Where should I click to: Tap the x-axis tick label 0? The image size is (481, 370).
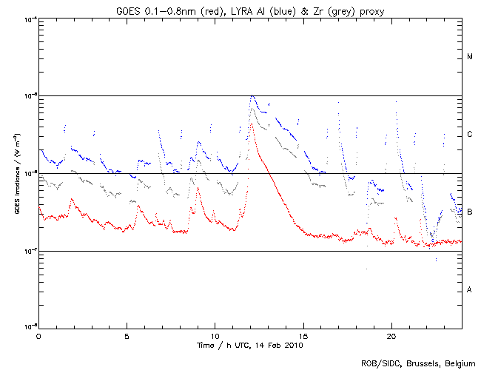[x=38, y=335]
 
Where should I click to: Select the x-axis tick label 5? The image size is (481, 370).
[x=127, y=335]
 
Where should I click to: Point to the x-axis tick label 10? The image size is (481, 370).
[x=215, y=335]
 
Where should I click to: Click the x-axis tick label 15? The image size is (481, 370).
[x=303, y=335]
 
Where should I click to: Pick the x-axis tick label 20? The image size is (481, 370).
[x=391, y=335]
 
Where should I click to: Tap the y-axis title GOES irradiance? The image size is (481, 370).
[x=16, y=174]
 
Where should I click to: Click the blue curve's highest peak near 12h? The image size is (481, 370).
[x=253, y=95]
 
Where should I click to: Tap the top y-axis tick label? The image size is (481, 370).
[x=29, y=18]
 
